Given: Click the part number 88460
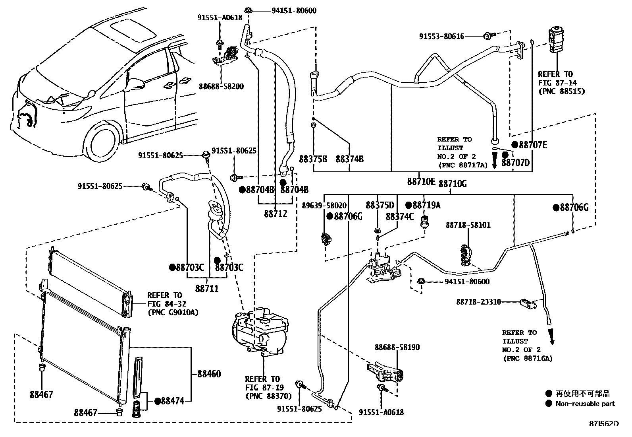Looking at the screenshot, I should pyautogui.click(x=209, y=374).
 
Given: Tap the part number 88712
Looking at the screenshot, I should pyautogui.click(x=276, y=214).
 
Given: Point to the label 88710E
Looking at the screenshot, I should pyautogui.click(x=421, y=182).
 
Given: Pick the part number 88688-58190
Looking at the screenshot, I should pyautogui.click(x=397, y=347).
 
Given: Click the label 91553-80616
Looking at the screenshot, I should pyautogui.click(x=441, y=36).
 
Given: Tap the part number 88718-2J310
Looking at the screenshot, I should pyautogui.click(x=478, y=302).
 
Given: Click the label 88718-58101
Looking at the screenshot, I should pyautogui.click(x=468, y=225).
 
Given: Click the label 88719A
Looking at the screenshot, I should pyautogui.click(x=426, y=205).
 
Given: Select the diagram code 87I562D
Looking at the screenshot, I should pyautogui.click(x=604, y=424).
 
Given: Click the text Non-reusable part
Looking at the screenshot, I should pyautogui.click(x=585, y=404).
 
